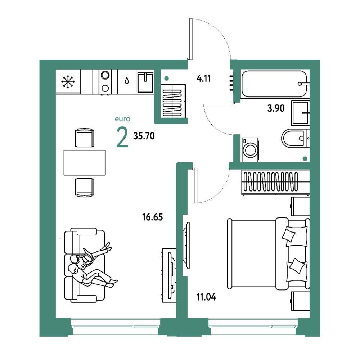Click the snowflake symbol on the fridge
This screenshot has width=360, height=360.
[x=68, y=82]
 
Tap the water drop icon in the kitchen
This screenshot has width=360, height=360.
[x=127, y=81]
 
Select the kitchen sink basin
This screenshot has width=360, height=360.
[x=145, y=82]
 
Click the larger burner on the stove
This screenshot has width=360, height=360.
[x=105, y=75]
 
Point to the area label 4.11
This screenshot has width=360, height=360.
[x=203, y=78]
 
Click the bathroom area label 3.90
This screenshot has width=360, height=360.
[x=276, y=108]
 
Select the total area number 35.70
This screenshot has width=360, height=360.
[x=144, y=136]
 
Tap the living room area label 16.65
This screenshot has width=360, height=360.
[x=152, y=217]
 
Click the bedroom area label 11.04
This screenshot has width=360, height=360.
[x=206, y=297]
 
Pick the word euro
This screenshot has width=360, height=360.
[x=123, y=119]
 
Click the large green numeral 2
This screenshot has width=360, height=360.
[x=122, y=137]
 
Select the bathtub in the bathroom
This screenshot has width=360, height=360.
[x=274, y=84]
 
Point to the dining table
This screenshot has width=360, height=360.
[x=85, y=163]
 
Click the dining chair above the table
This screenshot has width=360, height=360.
[x=85, y=138]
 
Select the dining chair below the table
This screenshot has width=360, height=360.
[x=85, y=187]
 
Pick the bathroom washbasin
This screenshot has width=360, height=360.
[x=300, y=113]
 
